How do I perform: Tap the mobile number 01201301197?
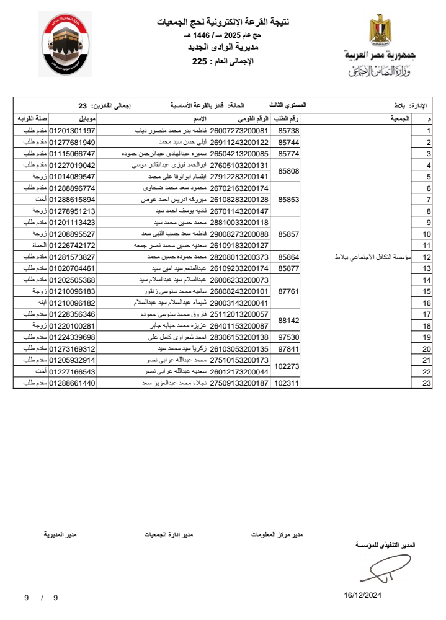72,131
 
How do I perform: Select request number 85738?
289,131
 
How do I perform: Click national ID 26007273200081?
239,131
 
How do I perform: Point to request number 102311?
287,383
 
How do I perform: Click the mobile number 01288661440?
72,383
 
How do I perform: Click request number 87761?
289,291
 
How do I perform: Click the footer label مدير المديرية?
60,534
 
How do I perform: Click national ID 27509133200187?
239,383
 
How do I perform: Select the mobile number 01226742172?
72,246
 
